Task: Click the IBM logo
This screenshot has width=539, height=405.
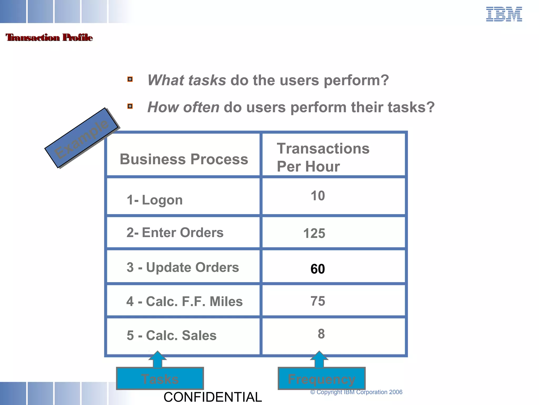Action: (504, 15)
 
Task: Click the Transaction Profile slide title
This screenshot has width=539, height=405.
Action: (49, 37)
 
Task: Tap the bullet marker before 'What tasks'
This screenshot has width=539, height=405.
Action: (130, 79)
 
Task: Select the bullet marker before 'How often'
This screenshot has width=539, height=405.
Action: (130, 106)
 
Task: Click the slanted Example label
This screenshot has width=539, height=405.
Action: (81, 138)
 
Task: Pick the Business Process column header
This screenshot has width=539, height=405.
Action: (184, 159)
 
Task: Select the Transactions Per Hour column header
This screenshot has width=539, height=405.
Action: (323, 157)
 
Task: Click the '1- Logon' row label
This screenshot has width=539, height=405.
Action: (154, 200)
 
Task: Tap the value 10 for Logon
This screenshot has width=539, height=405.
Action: (318, 196)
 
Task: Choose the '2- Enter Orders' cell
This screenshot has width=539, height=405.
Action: (175, 233)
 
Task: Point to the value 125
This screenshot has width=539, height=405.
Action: (314, 233)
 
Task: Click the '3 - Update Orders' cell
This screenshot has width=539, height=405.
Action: (183, 267)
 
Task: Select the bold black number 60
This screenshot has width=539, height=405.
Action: (318, 269)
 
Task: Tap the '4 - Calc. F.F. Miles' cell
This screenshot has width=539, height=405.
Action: (184, 301)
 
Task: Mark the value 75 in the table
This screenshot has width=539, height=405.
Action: (318, 301)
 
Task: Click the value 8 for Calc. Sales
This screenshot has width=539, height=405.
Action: (321, 334)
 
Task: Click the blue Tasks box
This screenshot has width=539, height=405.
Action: (160, 379)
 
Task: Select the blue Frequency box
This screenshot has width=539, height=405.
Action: (322, 379)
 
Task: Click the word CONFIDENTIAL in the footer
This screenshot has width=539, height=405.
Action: (213, 397)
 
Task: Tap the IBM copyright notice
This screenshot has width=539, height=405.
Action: (356, 392)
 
